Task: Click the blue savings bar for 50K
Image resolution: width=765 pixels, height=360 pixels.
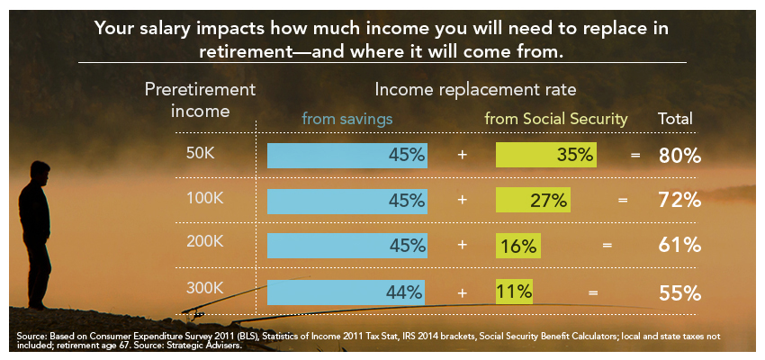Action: click(x=347, y=155)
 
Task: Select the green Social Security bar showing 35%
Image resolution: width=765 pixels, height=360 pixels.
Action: click(x=546, y=155)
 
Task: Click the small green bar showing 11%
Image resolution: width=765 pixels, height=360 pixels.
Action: click(x=514, y=292)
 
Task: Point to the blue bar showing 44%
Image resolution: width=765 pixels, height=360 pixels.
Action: click(x=347, y=292)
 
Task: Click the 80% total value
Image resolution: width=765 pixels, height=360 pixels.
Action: click(x=679, y=155)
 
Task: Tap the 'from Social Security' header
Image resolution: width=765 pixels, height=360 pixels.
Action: click(x=556, y=118)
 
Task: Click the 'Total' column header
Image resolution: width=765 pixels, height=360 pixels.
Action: click(x=677, y=118)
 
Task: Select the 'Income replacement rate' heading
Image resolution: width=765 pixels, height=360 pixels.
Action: click(x=474, y=90)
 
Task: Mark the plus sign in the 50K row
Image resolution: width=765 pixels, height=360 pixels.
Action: click(x=462, y=155)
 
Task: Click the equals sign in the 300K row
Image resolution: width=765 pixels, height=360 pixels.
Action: click(x=591, y=292)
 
